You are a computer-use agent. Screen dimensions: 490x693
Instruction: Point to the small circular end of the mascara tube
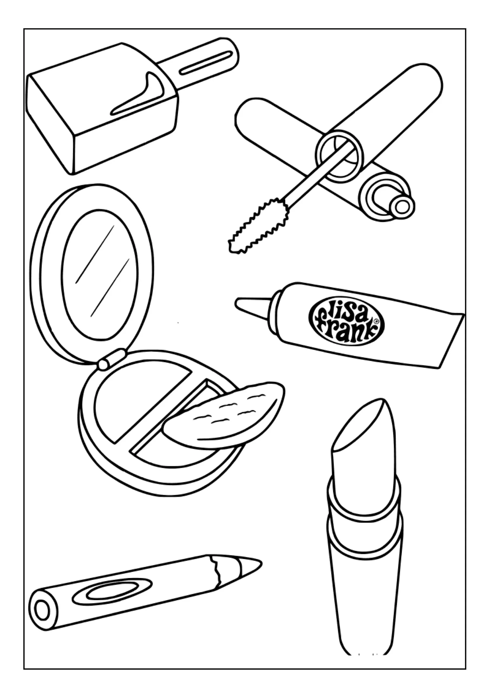tap(402, 207)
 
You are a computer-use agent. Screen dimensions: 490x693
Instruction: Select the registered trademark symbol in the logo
tap(376, 321)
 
